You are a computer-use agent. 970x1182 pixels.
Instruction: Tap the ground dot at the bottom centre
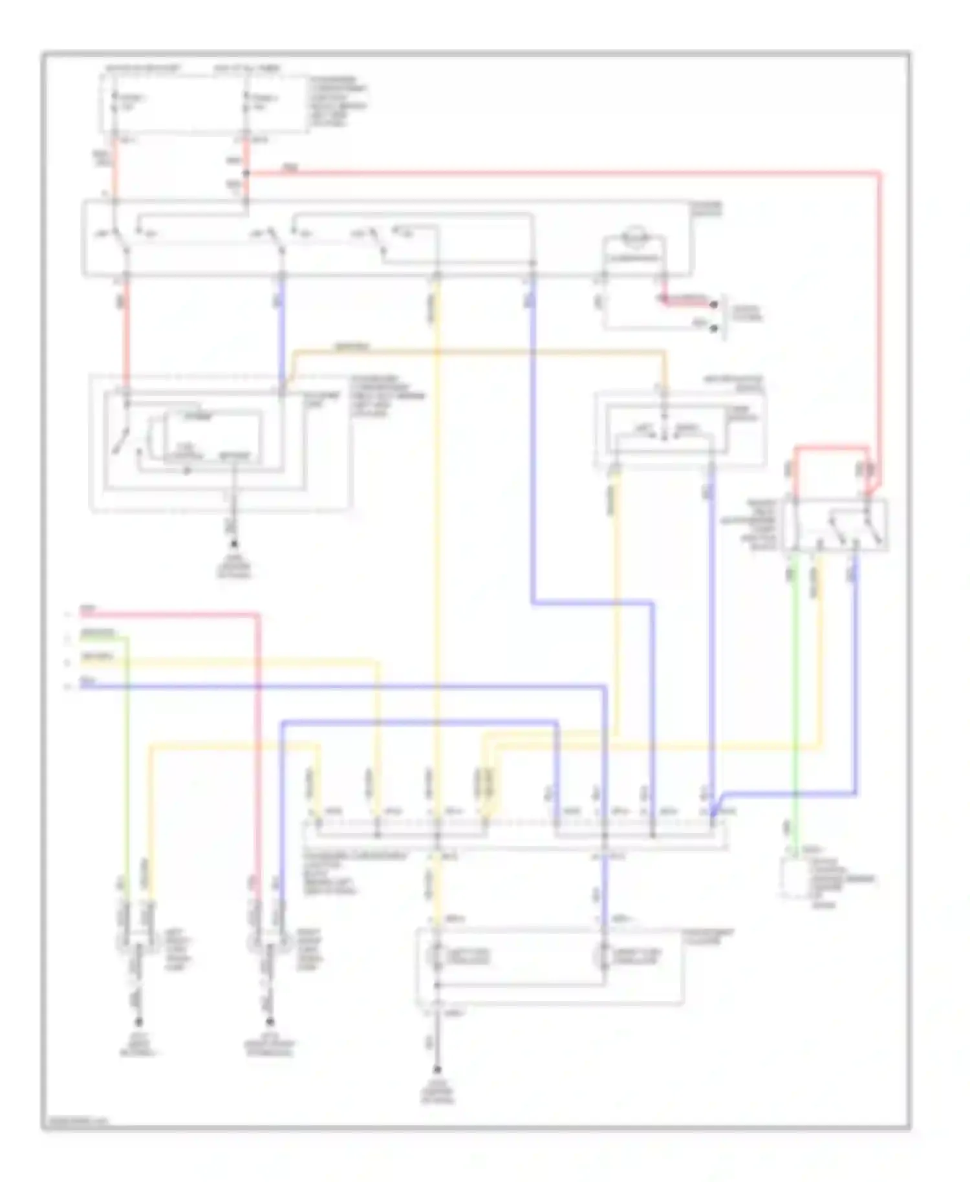(437, 1069)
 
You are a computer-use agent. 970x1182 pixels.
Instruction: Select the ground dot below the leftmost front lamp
(138, 1022)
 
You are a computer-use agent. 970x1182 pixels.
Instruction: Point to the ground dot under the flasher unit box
(234, 545)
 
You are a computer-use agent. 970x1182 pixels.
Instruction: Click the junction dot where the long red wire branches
(246, 173)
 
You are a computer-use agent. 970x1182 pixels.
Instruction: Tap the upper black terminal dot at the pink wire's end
(714, 304)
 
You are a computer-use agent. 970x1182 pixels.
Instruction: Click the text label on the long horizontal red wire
(290, 169)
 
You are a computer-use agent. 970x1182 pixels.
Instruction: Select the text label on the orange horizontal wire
(352, 347)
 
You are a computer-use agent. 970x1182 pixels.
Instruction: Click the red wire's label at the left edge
(88, 609)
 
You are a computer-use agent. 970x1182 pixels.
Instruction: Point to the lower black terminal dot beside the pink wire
(714, 328)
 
